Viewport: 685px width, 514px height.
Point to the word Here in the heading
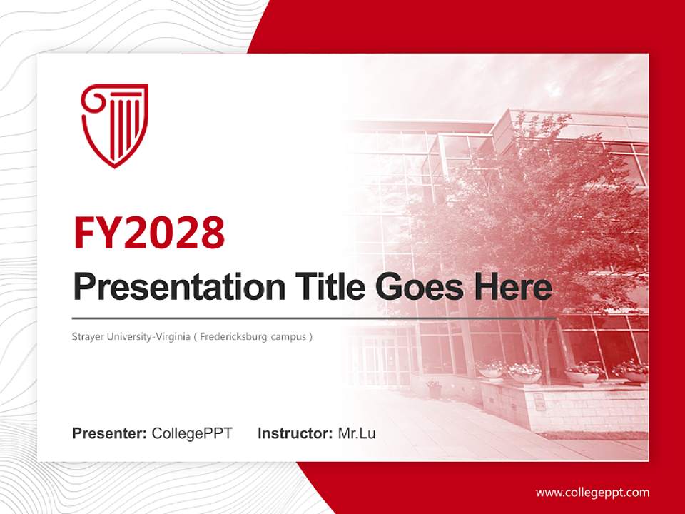512,287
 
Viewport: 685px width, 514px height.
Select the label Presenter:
110,433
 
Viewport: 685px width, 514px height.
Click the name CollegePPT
192,433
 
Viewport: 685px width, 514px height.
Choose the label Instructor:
295,433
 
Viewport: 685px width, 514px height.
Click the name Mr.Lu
357,433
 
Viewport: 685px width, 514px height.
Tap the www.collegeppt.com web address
592,493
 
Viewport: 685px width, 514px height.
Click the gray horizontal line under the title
314,318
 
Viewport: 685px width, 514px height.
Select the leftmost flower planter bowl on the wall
492,371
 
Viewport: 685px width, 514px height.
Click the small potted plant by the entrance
433,389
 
